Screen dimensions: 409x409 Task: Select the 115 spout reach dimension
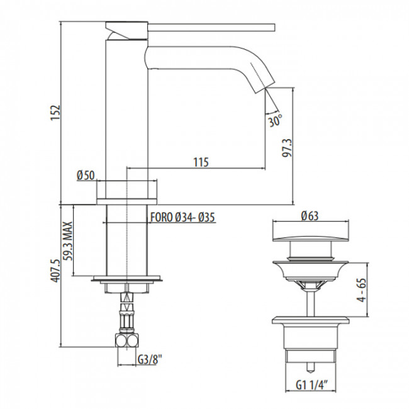click(x=200, y=162)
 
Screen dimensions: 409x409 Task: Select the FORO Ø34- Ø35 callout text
click(x=182, y=217)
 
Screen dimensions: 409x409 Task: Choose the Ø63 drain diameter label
click(x=309, y=216)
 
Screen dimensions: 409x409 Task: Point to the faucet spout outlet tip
click(x=262, y=84)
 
